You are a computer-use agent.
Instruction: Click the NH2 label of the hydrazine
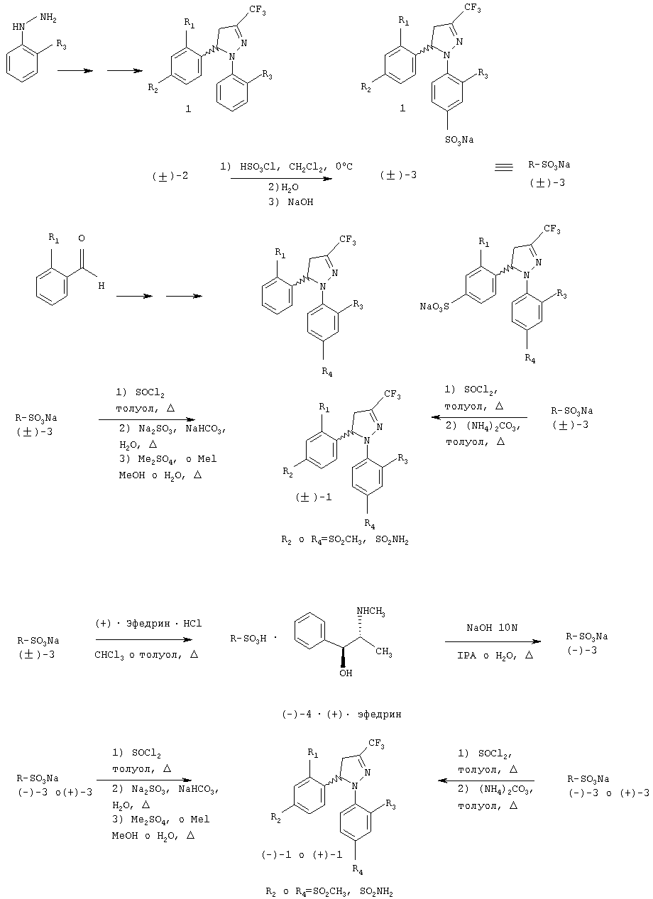(x=48, y=18)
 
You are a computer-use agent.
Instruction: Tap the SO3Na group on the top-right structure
(x=459, y=140)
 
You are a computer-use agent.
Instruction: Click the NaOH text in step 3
(x=300, y=202)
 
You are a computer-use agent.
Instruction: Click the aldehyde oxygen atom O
(x=82, y=238)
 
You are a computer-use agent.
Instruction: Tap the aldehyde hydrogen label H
(x=101, y=286)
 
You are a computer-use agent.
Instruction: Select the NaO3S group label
(x=434, y=307)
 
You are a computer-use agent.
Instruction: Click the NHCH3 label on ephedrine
(x=371, y=612)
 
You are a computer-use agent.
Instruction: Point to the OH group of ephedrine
(x=346, y=673)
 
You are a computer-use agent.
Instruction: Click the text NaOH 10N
(x=492, y=628)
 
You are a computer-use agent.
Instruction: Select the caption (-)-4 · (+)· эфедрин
(x=341, y=715)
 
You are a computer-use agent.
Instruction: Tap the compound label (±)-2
(x=170, y=176)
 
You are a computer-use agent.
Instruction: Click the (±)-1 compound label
(x=314, y=497)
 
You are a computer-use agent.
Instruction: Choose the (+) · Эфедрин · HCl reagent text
(x=148, y=624)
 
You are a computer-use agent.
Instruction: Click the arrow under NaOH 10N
(x=493, y=641)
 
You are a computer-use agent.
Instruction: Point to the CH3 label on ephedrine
(x=384, y=652)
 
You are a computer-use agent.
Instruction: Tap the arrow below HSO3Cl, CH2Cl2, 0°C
(x=281, y=178)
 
